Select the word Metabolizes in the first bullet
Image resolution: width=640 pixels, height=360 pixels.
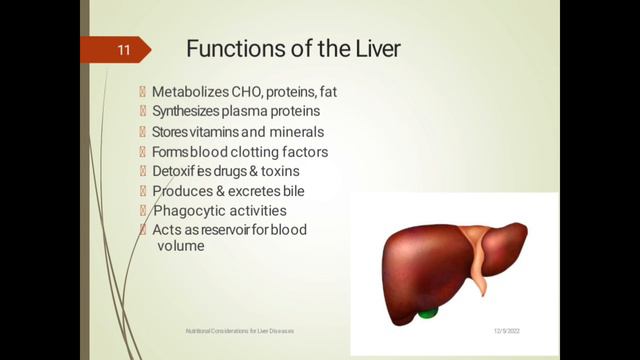pos(190,92)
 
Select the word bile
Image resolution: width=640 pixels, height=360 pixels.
pos(290,190)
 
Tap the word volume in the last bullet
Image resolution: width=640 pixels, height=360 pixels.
pos(181,245)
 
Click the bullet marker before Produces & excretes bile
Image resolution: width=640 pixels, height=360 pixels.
pos(143,190)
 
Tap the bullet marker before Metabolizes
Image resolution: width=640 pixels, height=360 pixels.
pos(143,92)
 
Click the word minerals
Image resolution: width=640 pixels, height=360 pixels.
pos(296,132)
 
